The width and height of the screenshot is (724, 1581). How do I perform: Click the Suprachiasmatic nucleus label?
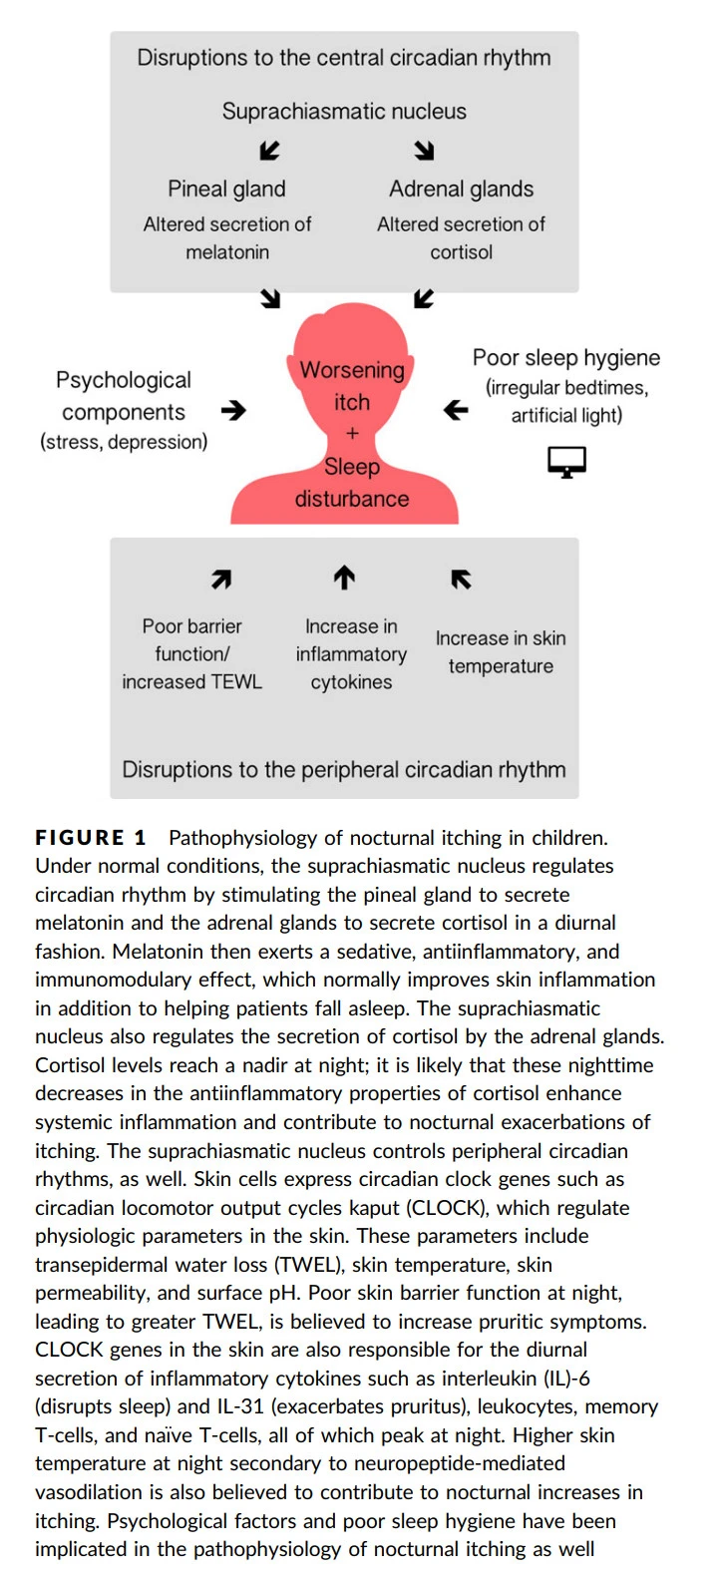344,111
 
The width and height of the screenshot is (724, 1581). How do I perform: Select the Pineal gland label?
226,189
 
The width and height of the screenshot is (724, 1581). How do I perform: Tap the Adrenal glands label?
461,189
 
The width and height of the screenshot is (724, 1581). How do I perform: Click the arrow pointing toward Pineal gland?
269,151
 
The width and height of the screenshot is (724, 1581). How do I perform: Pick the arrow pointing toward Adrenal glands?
425,151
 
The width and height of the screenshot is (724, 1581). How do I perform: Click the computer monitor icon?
566,462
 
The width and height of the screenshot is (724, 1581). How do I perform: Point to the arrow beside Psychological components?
232,410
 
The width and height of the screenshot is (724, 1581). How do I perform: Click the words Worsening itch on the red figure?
352,385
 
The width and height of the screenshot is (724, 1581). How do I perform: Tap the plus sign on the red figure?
351,434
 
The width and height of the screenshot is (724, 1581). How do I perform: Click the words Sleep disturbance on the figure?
352,483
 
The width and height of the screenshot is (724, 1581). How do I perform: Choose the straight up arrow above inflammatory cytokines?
344,578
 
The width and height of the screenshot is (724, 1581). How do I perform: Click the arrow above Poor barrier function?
221,579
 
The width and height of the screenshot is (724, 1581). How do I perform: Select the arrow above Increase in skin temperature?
461,579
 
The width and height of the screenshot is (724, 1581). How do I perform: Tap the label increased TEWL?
191,682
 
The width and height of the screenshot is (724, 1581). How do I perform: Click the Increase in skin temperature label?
501,652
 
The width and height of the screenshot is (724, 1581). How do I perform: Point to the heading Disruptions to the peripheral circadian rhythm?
344,769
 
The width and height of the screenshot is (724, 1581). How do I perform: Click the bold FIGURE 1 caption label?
91,838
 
